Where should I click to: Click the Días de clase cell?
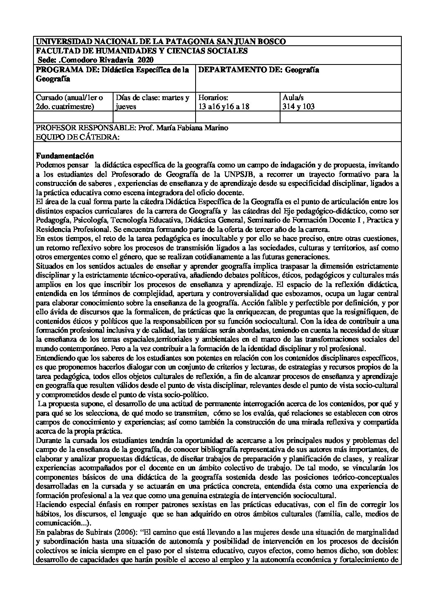[152, 102]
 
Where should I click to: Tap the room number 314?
[289, 107]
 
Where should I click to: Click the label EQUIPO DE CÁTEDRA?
[78, 137]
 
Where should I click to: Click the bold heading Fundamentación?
[65, 156]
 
